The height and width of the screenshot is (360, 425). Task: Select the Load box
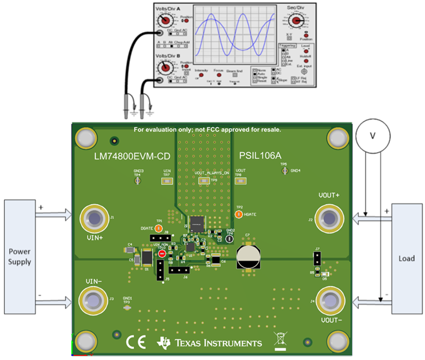(407, 258)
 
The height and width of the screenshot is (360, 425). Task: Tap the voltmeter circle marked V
(373, 136)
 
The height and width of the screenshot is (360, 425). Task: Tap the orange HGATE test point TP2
(239, 215)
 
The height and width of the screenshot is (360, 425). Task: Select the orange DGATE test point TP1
(159, 228)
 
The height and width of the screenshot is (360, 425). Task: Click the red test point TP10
(162, 254)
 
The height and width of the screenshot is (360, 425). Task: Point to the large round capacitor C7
(248, 256)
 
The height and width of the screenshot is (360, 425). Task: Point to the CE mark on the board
(136, 341)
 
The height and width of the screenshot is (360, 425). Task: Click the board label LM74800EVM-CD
(132, 156)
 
